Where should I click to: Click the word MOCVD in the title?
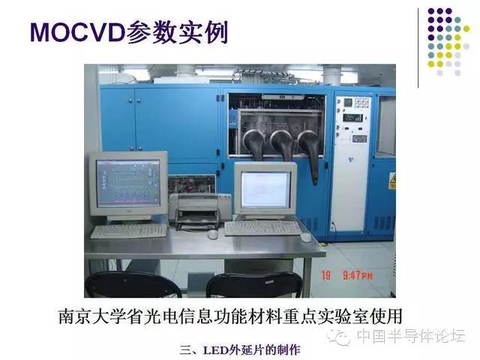(x=77, y=32)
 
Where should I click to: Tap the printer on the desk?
(x=200, y=211)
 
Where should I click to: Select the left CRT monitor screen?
(x=128, y=183)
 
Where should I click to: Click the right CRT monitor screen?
(x=265, y=190)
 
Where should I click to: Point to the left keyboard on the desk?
(x=129, y=231)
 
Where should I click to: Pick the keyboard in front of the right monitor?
(x=262, y=228)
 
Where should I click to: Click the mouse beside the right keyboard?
(x=305, y=237)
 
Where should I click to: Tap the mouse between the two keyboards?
(x=212, y=234)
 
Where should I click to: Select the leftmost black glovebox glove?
(x=255, y=145)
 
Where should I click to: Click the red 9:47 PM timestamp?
(x=357, y=276)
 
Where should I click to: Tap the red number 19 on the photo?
(x=326, y=275)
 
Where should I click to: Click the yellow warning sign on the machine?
(x=391, y=181)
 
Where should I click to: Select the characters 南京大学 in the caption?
(x=91, y=316)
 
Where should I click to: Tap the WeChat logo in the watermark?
(x=339, y=337)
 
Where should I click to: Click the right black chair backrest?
(x=254, y=285)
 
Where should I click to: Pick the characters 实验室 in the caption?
(x=343, y=316)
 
